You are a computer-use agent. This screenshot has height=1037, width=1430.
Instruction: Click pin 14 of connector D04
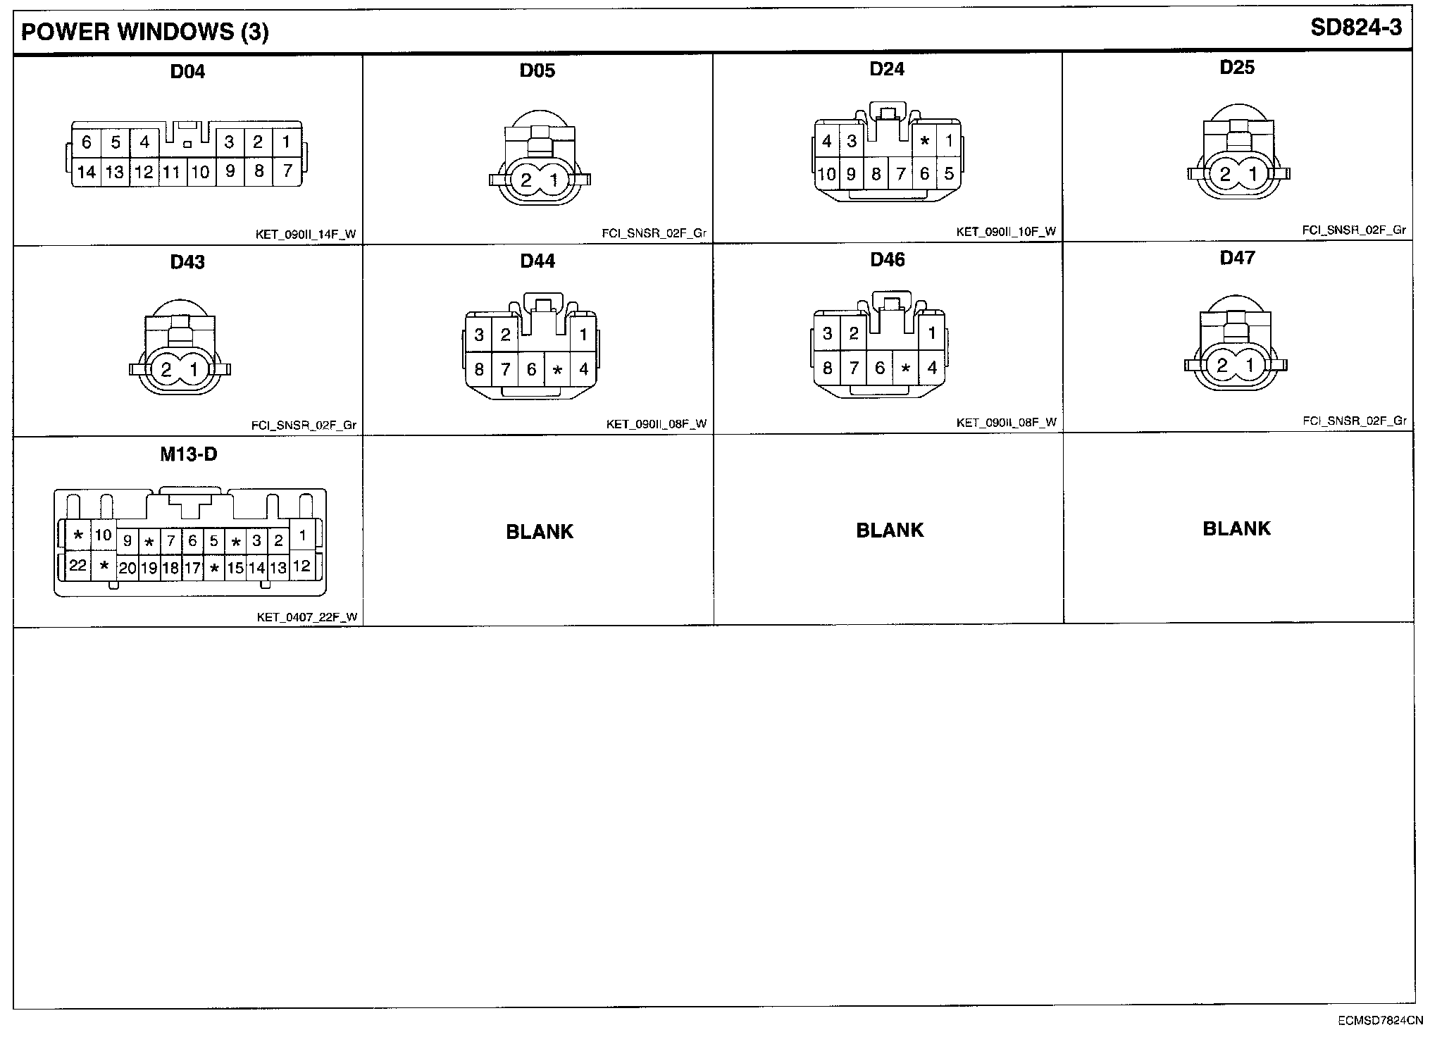click(x=87, y=172)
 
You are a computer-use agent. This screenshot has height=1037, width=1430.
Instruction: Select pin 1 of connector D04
click(x=286, y=142)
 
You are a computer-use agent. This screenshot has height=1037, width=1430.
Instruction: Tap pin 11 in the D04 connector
click(x=172, y=172)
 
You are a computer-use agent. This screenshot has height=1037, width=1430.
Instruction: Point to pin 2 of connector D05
click(x=526, y=180)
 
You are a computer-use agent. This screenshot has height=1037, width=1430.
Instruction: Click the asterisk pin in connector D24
click(x=925, y=142)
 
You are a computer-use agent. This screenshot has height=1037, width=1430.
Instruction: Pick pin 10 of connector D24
click(x=826, y=173)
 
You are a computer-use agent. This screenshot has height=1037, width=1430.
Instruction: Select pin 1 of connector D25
click(x=1252, y=174)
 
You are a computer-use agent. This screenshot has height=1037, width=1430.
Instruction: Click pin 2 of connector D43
click(x=166, y=369)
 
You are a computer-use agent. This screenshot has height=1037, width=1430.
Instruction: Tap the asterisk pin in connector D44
click(x=557, y=369)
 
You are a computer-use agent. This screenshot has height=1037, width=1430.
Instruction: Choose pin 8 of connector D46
click(x=828, y=367)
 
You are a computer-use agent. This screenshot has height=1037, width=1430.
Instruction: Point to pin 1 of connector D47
click(x=1250, y=365)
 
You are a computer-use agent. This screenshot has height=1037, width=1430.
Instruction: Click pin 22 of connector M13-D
click(x=77, y=565)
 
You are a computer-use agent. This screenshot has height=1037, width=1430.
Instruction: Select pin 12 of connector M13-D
click(x=302, y=566)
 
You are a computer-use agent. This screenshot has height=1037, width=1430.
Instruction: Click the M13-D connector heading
click(x=188, y=454)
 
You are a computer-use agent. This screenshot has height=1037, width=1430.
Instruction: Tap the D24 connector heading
click(x=887, y=68)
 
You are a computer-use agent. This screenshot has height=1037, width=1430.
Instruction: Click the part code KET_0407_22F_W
click(x=306, y=617)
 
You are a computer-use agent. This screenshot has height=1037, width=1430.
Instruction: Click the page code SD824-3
click(x=1356, y=27)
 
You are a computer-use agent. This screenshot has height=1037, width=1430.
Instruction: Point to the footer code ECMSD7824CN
click(x=1381, y=1019)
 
